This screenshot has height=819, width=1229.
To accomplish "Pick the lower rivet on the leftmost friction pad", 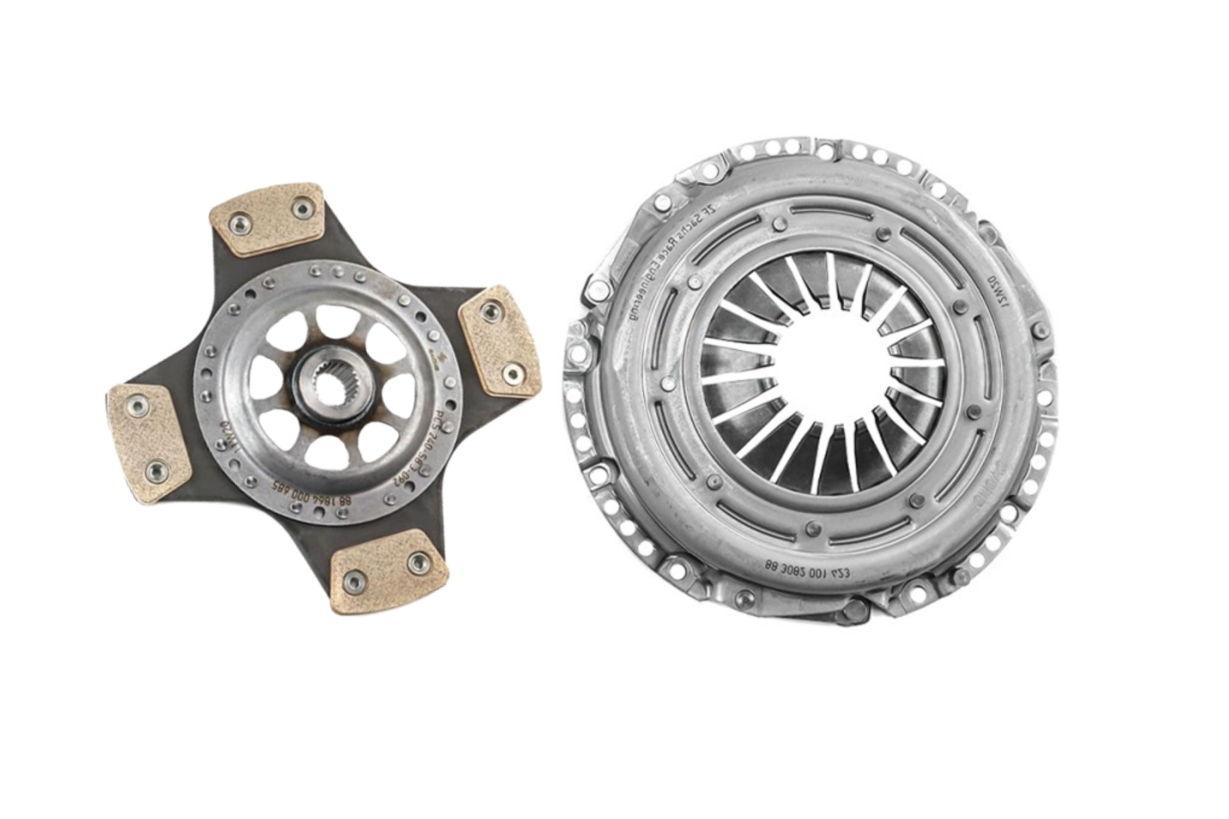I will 154,472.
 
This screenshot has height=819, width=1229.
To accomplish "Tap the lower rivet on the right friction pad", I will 513,373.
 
